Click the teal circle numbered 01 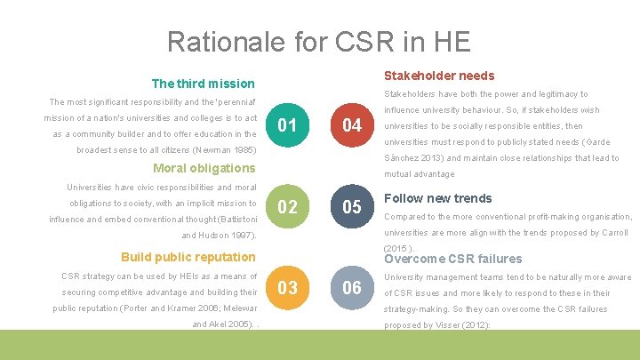point(287,125)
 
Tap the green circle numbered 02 point(287,207)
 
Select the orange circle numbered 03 point(287,288)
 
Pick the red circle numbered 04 point(352,125)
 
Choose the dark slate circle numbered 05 point(352,207)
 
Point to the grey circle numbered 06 point(352,288)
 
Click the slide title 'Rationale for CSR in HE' point(319,42)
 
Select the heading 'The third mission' point(204,84)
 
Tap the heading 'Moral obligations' point(204,168)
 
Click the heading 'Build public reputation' point(188,257)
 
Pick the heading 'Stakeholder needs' point(439,76)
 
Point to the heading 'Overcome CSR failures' point(452,259)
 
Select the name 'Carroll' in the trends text point(612,233)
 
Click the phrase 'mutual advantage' point(419,174)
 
